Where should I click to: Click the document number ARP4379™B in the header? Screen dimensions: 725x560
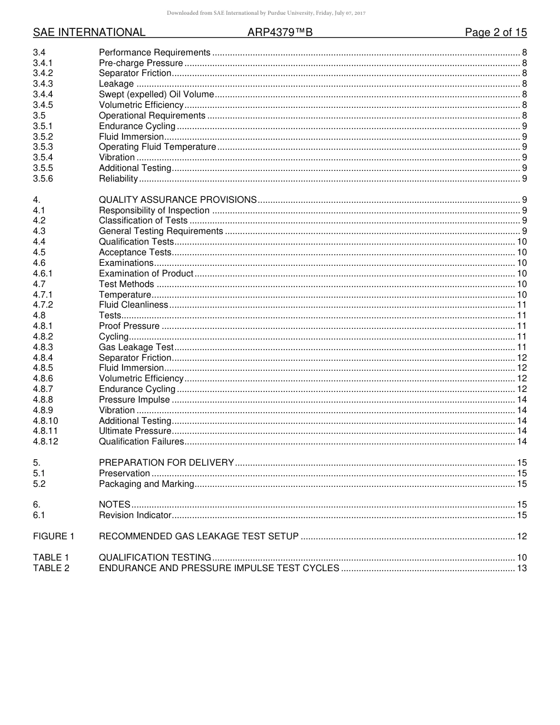(279, 32)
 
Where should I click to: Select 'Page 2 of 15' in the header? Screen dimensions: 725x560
(496, 32)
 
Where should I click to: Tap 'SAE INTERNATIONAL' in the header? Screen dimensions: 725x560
(89, 32)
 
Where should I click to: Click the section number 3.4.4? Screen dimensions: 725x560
(43, 94)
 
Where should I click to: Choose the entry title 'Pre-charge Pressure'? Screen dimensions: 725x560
(141, 63)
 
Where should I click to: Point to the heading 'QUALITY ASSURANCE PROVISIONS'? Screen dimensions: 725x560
(177, 200)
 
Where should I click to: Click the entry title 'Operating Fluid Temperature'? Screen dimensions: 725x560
(157, 147)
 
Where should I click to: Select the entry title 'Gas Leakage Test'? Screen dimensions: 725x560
(136, 347)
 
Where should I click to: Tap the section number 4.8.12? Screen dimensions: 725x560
(45, 441)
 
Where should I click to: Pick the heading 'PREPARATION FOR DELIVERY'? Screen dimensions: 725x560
(166, 463)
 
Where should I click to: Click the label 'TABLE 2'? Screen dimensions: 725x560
(51, 568)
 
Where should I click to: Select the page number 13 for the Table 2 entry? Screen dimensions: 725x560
(521, 568)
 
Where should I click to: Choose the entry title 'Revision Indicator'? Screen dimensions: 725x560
(135, 515)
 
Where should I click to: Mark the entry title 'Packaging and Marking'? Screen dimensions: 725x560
(146, 484)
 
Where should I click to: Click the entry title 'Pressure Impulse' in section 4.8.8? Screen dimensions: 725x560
(134, 400)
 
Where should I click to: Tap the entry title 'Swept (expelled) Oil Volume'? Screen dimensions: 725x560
(156, 94)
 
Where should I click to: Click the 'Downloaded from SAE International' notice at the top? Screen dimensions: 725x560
(266, 13)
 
